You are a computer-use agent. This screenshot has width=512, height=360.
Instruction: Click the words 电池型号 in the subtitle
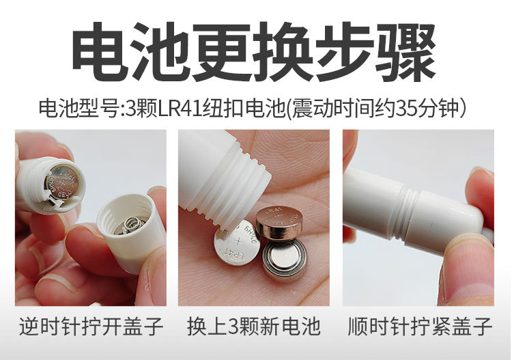click(x=77, y=109)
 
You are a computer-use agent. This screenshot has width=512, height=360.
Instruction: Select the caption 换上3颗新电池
click(x=253, y=326)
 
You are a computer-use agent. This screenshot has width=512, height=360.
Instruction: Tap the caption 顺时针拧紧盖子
click(x=419, y=326)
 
